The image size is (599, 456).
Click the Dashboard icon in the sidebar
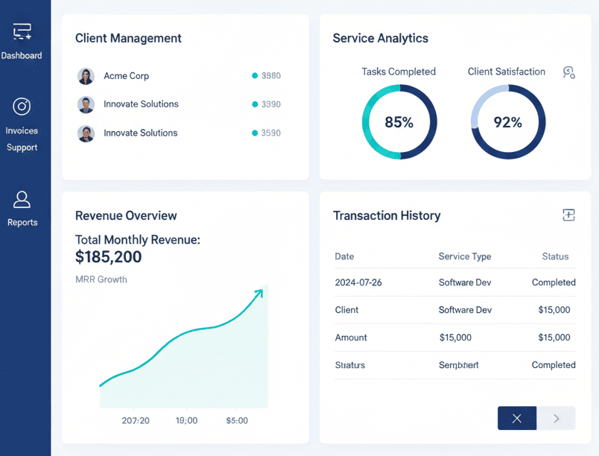(22, 31)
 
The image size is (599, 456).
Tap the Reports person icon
(22, 199)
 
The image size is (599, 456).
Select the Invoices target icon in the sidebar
(22, 107)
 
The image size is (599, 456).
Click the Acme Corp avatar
(86, 76)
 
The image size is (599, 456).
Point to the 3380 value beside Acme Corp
(270, 76)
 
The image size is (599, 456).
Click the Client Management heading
(128, 38)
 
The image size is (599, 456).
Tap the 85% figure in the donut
(399, 122)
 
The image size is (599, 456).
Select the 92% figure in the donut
(508, 122)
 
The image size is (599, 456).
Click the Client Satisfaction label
(506, 72)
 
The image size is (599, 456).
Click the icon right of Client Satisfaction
(569, 72)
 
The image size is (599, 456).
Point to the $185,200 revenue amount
(109, 258)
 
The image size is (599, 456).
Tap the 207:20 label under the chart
(136, 420)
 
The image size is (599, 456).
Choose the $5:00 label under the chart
(236, 420)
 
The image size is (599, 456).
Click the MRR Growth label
(101, 279)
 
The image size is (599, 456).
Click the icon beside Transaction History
(568, 215)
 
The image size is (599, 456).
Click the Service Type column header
(465, 256)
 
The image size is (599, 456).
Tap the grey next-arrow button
(556, 419)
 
